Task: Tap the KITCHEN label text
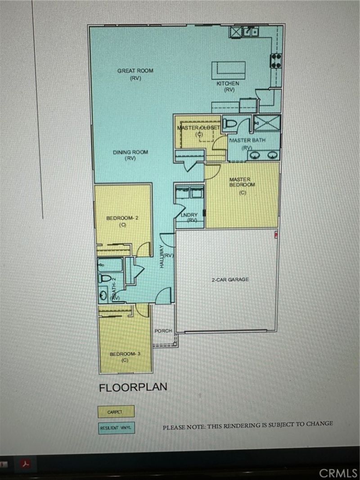coord(228,84)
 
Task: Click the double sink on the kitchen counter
coord(250,31)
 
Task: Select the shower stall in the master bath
coord(267,122)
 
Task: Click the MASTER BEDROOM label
coord(243,182)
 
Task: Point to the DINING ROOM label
coord(130,153)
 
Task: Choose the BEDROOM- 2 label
coord(122,218)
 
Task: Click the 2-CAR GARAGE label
coord(230,280)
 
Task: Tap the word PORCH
coord(163,331)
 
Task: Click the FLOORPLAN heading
coord(133,387)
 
